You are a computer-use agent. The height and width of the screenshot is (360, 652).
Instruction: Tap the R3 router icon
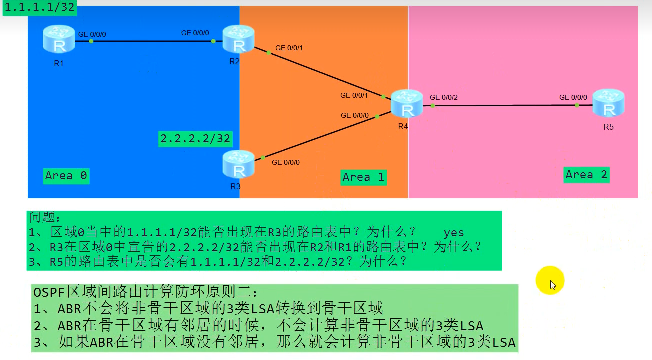pos(239,165)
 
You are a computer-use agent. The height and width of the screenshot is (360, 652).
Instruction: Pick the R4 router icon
pos(406,104)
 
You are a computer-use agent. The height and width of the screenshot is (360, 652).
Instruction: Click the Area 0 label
pos(66,175)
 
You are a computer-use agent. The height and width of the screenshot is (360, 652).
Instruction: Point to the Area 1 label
pos(363,177)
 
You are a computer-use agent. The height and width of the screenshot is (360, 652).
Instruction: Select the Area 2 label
pos(586,175)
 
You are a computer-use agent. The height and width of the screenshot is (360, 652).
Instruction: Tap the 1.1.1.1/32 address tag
pos(40,8)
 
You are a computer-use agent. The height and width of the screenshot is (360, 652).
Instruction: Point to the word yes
pos(453,233)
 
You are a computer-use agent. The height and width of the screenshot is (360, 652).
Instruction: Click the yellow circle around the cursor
pos(550,280)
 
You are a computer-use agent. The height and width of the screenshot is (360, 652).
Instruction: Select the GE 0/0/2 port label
pos(443,97)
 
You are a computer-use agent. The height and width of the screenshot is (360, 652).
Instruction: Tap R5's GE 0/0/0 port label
pos(573,97)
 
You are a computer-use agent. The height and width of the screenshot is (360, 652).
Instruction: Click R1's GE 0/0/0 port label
pos(92,34)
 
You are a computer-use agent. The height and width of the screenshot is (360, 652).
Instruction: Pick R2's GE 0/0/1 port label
pos(289,48)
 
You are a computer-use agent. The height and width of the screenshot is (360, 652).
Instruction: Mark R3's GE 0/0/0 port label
pos(286,162)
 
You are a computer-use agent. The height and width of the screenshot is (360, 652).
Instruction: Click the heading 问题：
pos(46,218)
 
